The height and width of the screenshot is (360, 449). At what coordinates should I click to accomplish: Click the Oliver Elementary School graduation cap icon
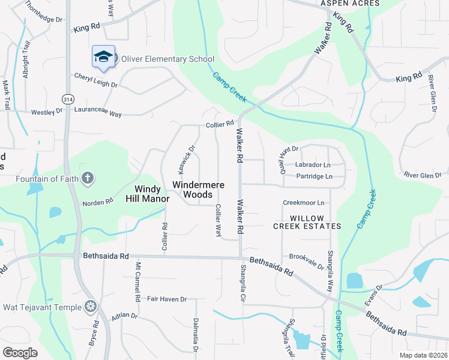pos(103,56)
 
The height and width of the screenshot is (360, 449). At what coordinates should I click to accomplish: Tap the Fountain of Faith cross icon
pos(88,178)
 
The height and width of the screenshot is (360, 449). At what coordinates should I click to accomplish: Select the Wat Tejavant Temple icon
pos(91,307)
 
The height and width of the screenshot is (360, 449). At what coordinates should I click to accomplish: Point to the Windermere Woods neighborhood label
pos(193,190)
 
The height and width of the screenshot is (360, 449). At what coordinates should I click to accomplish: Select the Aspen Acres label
pos(350,4)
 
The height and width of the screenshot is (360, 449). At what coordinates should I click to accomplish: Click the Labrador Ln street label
pos(313,164)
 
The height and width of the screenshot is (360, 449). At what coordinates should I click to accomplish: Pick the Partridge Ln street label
pos(314,176)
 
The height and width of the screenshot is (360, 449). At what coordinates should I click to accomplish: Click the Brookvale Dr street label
pos(306,256)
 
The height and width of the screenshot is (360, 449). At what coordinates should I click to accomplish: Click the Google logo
pos(20,352)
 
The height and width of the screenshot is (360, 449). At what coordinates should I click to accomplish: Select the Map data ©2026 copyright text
pos(423,355)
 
